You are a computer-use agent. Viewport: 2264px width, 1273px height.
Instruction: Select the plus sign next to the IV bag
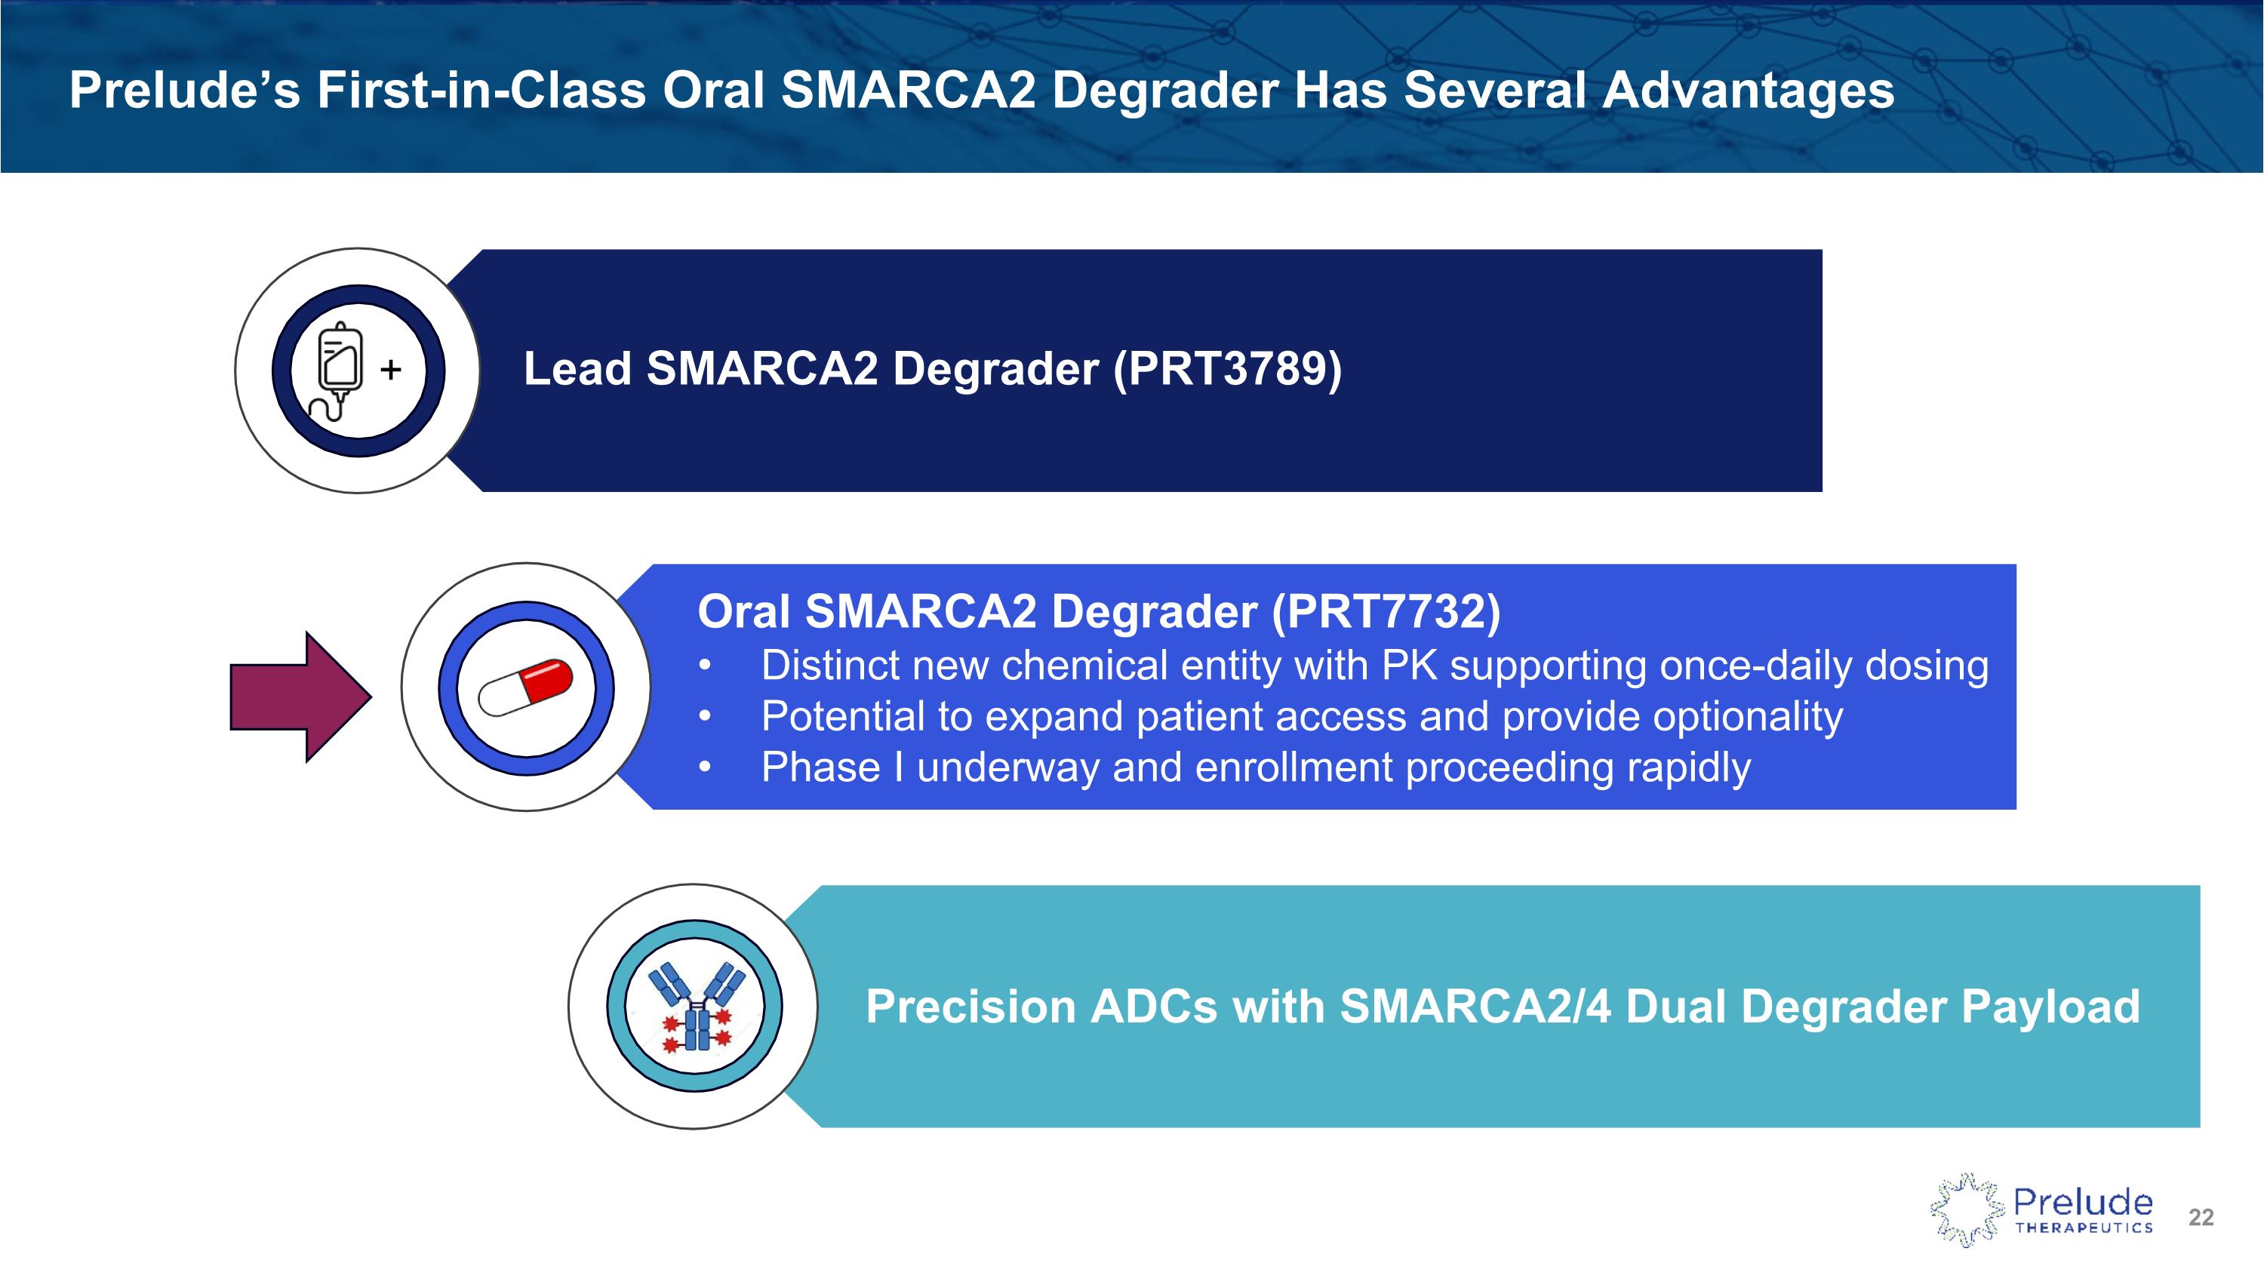tap(391, 369)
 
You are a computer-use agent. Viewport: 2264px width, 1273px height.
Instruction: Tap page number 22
tap(2201, 1216)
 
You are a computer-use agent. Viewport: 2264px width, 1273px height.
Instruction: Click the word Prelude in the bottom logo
tap(2082, 1202)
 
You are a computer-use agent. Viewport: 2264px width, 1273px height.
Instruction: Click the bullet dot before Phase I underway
tap(704, 768)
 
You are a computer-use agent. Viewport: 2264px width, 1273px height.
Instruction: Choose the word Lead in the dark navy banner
tap(577, 368)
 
